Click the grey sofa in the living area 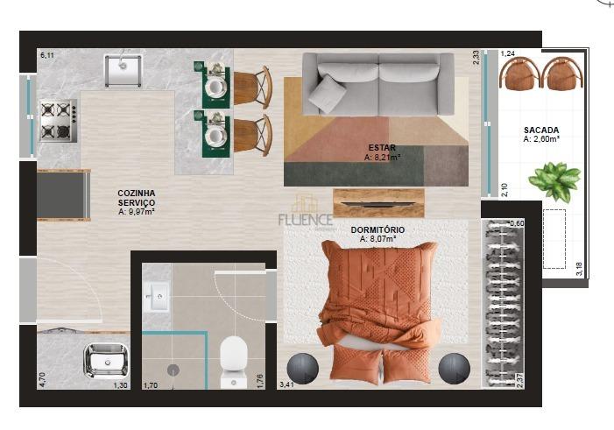point(378,84)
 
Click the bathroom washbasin point(158,296)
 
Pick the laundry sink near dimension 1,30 point(104,360)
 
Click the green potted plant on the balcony point(554,180)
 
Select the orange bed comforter point(379,293)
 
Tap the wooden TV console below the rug point(378,202)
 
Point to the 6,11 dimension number point(47,55)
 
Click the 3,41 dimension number point(286,384)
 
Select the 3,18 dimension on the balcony point(579,268)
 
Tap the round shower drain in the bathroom point(173,370)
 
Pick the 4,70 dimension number point(42,379)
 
